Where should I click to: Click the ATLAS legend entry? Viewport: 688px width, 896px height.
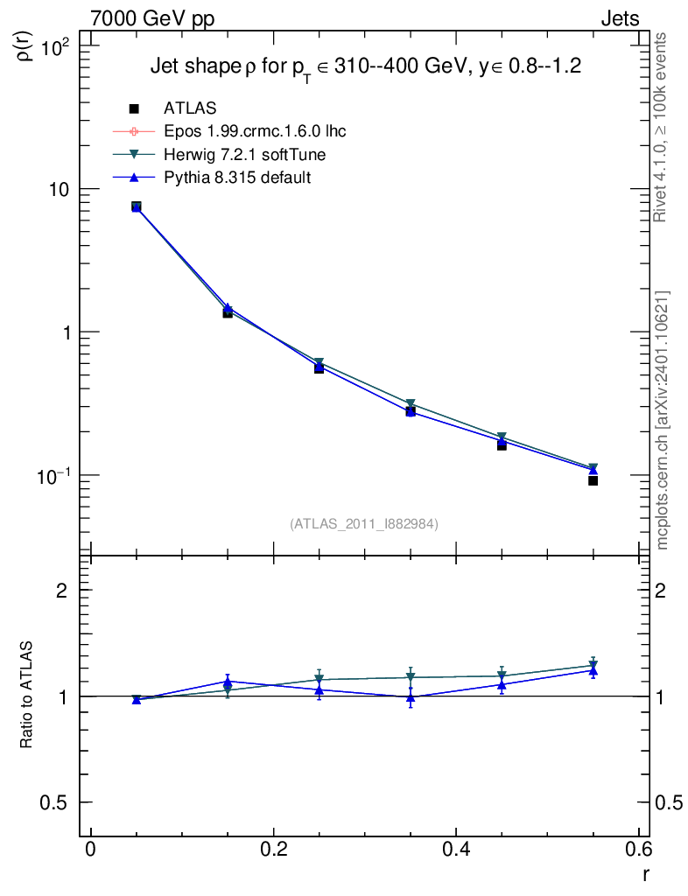coord(190,108)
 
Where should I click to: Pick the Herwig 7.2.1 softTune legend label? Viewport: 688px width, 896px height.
coord(238,154)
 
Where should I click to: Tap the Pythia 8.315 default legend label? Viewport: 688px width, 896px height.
coord(237,177)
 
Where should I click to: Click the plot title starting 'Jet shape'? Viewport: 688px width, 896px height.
coord(366,67)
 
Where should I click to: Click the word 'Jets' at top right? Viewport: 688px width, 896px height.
coord(619,18)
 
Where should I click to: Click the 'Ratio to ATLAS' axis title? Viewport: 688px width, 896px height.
coord(27,696)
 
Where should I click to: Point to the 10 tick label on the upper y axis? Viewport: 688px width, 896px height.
coord(63,190)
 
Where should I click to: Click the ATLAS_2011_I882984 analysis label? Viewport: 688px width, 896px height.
coord(364,523)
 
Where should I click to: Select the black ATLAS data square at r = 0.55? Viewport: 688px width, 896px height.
coord(593,480)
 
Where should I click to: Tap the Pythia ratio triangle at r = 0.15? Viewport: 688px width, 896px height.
coord(228,681)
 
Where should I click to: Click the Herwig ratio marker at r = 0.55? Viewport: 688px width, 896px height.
coord(593,665)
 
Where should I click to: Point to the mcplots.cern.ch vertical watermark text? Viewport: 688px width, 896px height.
coord(663,420)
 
